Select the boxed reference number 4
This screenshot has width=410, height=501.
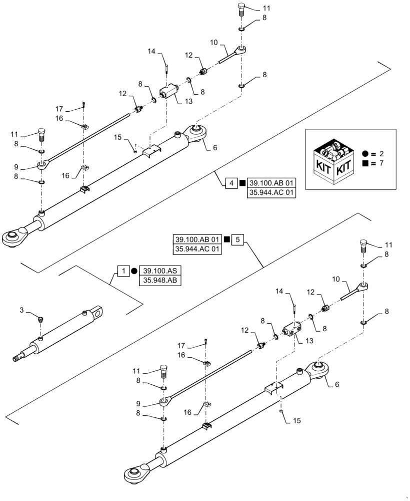pyautogui.click(x=231, y=183)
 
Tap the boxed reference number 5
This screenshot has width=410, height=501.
pyautogui.click(x=238, y=239)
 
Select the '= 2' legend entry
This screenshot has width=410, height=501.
pyautogui.click(x=375, y=152)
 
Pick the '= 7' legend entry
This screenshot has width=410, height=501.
pyautogui.click(x=375, y=164)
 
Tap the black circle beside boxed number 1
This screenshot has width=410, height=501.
pyautogui.click(x=133, y=271)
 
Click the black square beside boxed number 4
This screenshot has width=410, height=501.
pyautogui.click(x=242, y=183)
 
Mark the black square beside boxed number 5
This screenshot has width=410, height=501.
pyautogui.click(x=227, y=239)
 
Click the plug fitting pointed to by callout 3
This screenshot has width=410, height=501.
pyautogui.click(x=41, y=318)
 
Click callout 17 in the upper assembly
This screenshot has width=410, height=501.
pyautogui.click(x=59, y=108)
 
